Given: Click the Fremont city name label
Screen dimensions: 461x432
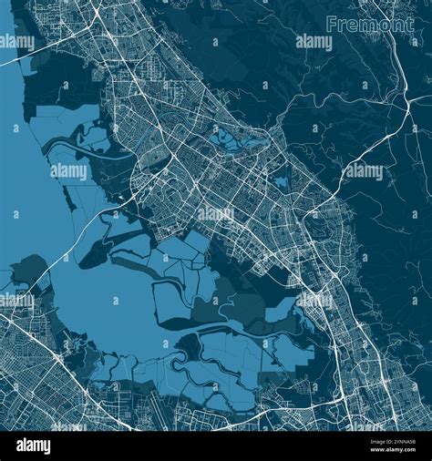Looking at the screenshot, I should coord(369,25).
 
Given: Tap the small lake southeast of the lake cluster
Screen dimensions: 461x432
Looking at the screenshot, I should coord(281,183).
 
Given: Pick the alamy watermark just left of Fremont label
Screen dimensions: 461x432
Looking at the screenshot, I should coord(314,42).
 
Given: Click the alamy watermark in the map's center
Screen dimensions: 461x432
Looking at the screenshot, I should coord(215,215).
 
